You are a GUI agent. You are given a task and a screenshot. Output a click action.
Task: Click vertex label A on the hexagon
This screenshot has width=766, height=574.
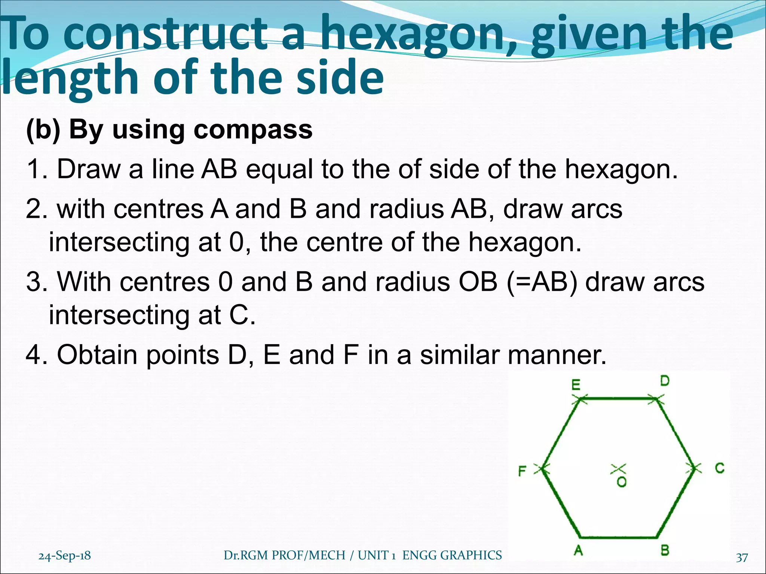[x=579, y=550]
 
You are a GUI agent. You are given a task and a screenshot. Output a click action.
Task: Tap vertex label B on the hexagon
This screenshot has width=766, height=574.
[x=665, y=550]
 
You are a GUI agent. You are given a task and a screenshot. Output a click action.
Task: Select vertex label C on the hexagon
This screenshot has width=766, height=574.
[x=720, y=468]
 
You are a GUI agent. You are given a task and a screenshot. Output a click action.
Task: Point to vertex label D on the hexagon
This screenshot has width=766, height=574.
[x=665, y=381]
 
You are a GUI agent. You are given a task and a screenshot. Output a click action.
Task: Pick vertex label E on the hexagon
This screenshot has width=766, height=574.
[x=576, y=385]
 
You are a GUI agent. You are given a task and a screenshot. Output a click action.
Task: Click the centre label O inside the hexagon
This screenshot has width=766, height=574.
[x=622, y=482]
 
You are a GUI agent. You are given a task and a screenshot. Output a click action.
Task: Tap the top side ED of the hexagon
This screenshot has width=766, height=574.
[x=619, y=399]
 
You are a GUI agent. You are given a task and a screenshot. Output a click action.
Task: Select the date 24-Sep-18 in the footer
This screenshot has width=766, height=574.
[x=65, y=556]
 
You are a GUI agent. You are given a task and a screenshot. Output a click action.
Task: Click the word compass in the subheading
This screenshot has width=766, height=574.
[x=253, y=130]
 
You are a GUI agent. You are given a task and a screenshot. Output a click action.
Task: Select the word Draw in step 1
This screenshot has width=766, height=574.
[x=88, y=169]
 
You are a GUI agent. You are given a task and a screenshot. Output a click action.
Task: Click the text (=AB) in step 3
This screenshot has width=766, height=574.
[x=542, y=281]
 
